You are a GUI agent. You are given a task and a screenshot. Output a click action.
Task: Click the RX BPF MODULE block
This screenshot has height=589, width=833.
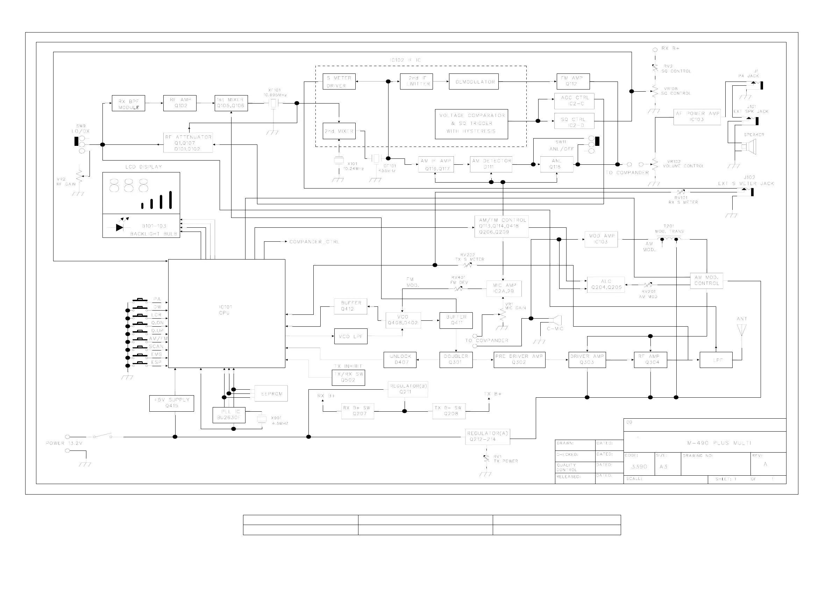point(128,104)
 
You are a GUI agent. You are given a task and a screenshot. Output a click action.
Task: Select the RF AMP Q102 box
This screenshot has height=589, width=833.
point(180,103)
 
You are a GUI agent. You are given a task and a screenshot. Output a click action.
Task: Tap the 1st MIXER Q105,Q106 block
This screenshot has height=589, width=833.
point(231,103)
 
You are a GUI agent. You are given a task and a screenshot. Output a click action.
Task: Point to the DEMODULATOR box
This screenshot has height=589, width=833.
point(474,81)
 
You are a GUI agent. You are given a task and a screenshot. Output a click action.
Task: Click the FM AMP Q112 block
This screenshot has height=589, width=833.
point(573,81)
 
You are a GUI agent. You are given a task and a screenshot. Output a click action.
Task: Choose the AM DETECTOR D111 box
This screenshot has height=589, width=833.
point(491,164)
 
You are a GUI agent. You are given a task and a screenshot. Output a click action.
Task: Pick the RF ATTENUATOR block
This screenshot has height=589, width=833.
point(188,143)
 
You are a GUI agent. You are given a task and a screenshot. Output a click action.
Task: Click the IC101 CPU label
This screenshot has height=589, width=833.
point(225,310)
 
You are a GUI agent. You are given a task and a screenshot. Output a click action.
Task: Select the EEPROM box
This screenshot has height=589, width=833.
point(271,393)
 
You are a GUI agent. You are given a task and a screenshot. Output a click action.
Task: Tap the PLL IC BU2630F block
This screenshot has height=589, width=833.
point(229,415)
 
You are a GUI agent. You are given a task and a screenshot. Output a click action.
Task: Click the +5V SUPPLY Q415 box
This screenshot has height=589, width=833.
point(172,403)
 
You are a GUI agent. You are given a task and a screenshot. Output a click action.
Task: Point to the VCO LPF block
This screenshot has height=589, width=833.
point(350,336)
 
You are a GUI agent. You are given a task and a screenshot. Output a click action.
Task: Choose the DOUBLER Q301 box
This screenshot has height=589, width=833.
point(456,360)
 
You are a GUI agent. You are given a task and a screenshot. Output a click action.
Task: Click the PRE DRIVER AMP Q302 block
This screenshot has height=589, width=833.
point(520,360)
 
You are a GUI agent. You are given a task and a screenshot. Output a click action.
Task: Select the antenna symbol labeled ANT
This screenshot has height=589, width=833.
point(742,330)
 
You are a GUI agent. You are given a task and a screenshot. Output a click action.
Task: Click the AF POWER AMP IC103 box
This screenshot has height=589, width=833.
point(697,117)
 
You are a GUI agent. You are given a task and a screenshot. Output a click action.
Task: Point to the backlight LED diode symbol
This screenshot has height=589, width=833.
point(120,227)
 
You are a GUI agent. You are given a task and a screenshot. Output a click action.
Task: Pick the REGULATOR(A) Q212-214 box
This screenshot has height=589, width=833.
point(487,437)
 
